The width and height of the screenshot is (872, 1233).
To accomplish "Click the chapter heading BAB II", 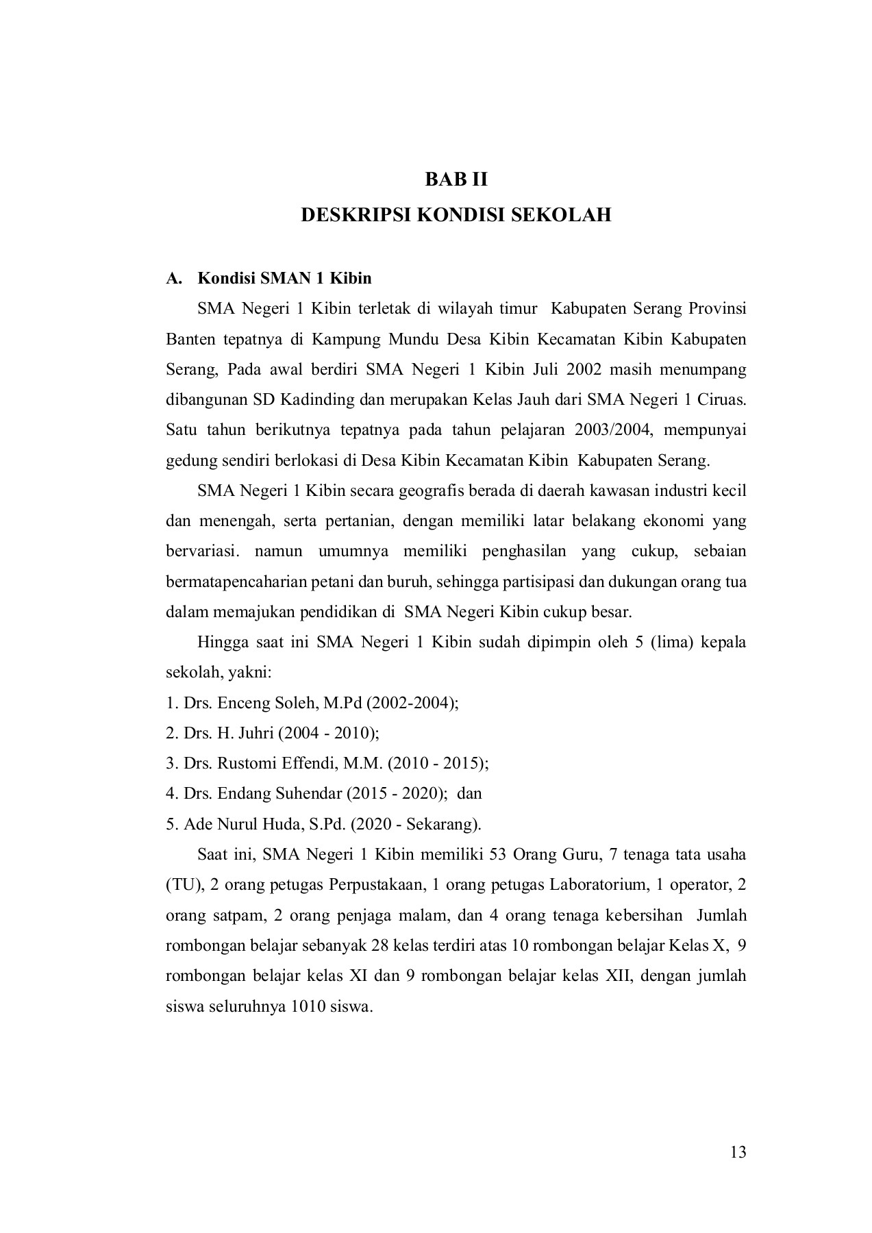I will click(x=456, y=179).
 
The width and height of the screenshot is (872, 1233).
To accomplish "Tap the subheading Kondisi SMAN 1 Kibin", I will click(x=284, y=278).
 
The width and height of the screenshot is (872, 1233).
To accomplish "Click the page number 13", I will click(x=738, y=1151).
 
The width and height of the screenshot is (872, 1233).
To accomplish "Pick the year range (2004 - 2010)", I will click(x=327, y=733).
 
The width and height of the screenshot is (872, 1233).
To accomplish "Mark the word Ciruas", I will click(x=725, y=400).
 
